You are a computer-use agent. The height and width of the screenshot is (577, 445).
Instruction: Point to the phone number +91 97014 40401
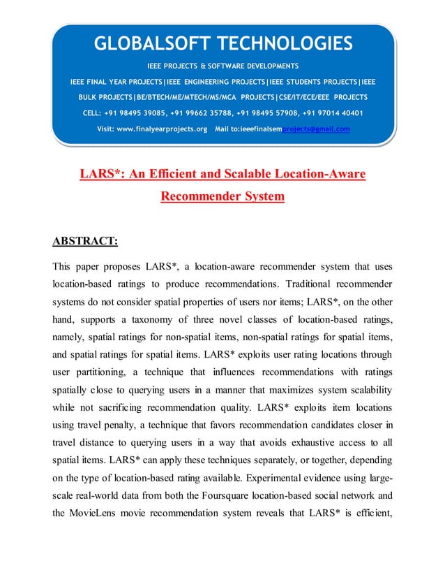(x=329, y=113)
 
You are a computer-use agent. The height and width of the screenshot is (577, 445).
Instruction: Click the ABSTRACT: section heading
(x=85, y=242)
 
